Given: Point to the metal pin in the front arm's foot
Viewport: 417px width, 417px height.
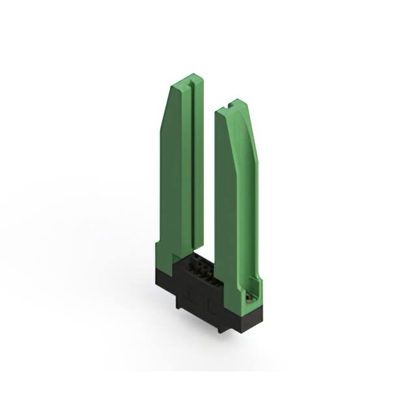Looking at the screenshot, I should [x=250, y=298].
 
